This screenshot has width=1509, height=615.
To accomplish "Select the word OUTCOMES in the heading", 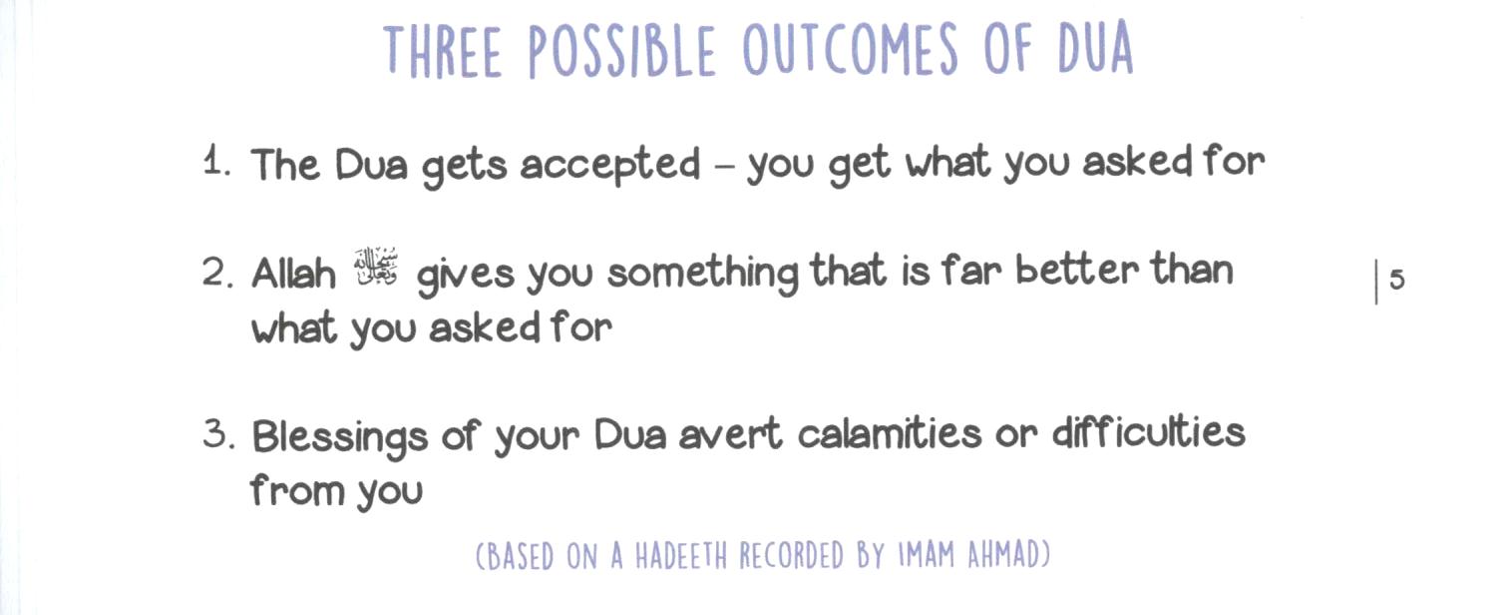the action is coord(850,49).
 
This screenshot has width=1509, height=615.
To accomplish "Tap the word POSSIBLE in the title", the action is coord(621,51).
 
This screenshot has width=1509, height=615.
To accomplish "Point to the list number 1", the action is coord(216,163).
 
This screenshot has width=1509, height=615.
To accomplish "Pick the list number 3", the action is coord(219,433).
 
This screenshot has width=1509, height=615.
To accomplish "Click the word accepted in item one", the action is coord(610,166).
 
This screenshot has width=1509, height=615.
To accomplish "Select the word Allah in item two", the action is coord(293,274).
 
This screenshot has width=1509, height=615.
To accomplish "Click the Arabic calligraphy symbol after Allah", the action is coord(376,268).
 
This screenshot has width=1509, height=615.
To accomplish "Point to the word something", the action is coord(702,274).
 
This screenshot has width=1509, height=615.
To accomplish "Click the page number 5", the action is coord(1397,280).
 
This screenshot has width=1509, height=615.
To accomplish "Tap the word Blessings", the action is coord(339,437).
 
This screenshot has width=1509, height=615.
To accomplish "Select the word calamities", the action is coord(890,433).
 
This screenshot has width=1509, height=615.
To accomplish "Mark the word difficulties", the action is coord(1148,432).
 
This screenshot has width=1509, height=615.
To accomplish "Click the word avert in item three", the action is coord(730,435).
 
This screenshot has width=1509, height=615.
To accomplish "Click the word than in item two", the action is coord(1192,269).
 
